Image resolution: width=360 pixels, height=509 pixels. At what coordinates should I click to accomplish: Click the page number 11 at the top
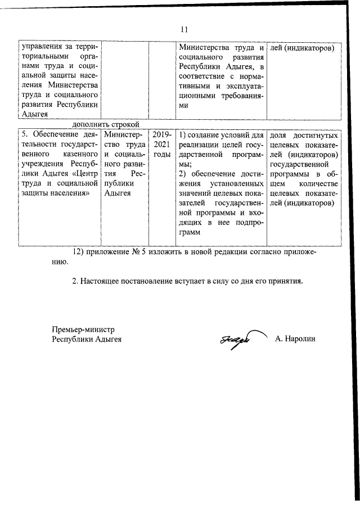(x=184, y=29)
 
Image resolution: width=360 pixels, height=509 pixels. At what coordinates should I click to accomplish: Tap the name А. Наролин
(x=296, y=339)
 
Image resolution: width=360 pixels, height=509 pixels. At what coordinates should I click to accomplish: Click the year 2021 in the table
(x=161, y=145)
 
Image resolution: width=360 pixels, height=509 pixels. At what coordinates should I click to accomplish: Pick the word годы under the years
(x=161, y=155)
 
